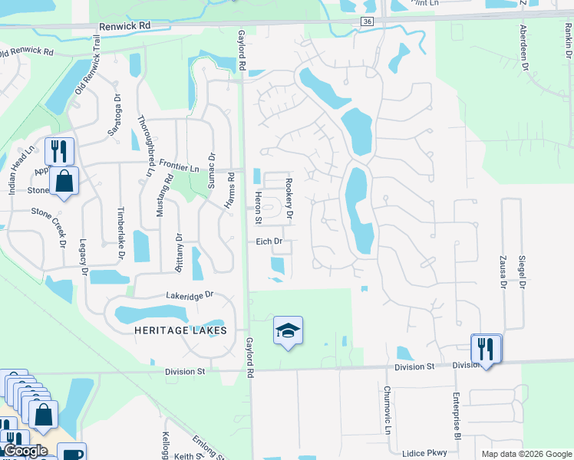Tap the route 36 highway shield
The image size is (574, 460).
click(x=368, y=22)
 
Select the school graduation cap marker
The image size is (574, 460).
click(x=288, y=330)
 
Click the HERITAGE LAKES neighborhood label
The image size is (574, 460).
click(x=181, y=330)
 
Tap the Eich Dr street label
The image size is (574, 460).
click(x=269, y=242)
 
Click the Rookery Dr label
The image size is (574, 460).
click(x=289, y=199)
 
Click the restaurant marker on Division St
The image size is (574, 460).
click(x=486, y=349)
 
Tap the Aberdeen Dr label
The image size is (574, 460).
click(x=525, y=45)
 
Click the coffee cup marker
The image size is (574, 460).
click(x=71, y=453)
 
